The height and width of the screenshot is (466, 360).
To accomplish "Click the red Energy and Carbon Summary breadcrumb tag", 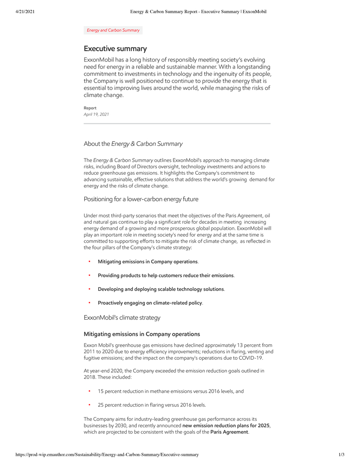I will coord(113,30).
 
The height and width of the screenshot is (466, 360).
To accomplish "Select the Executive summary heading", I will coord(115,49).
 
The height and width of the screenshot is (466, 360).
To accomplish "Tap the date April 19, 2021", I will coord(96,114).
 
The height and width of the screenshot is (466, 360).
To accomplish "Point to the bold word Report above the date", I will coord(90,108).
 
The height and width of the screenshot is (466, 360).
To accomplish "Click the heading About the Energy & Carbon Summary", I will coord(133,144).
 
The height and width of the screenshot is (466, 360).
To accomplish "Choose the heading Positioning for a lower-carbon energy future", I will coord(141,199).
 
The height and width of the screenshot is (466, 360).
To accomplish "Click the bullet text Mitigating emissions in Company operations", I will coord(148,262).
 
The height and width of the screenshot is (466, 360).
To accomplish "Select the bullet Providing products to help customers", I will coord(166,275).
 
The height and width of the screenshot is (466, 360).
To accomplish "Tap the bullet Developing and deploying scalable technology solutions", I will coord(161,289).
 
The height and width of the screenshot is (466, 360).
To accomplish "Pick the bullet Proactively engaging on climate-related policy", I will coord(150,303).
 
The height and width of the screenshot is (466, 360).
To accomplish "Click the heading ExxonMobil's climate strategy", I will coord(122,318).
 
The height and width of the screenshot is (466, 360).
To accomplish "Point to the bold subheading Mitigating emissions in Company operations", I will coord(142,334).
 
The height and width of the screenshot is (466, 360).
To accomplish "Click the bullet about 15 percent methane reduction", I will coord(170,391).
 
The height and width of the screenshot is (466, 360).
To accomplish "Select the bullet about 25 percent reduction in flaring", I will coord(151,405).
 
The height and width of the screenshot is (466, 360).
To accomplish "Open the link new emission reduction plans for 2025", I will coord(226,426).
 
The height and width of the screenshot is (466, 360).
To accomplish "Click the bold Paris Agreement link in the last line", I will coord(229,432).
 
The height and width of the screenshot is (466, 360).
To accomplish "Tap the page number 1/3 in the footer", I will coord(341,455).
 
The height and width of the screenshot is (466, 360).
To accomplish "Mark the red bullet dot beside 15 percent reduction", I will coord(89,391).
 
